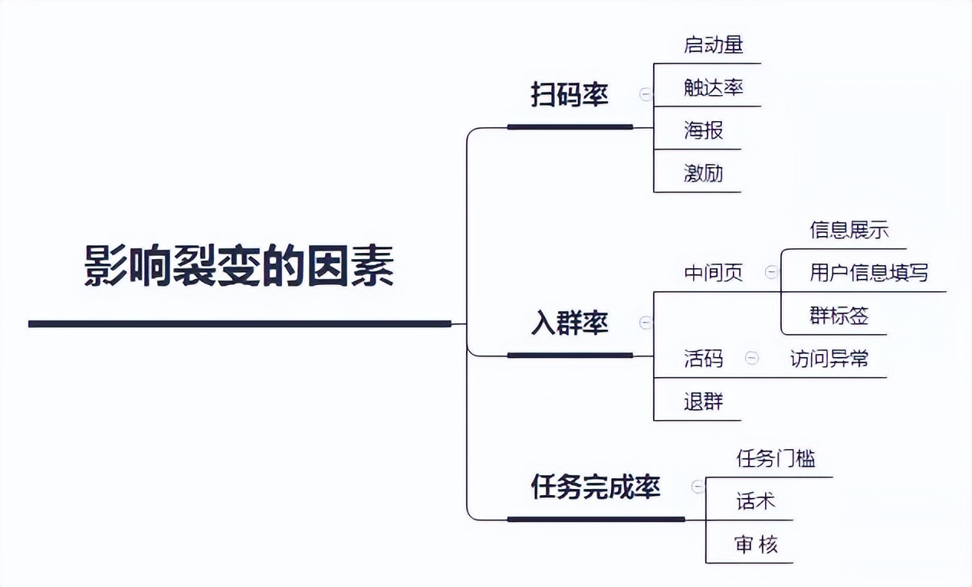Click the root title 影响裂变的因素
239,266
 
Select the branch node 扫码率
570,95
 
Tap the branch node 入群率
570,323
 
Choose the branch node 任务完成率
596,487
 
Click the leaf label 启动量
713,44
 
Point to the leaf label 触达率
713,87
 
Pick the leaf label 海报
703,130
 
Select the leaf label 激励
703,173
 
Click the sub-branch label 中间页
713,274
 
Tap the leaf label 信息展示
849,230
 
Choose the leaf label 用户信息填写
869,273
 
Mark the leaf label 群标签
839,316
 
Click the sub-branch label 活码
703,359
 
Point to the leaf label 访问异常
829,359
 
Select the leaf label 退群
703,402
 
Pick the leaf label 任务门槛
775,458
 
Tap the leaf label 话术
755,501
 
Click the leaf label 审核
755,544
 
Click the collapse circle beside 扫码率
645,94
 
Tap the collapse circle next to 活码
752,358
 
